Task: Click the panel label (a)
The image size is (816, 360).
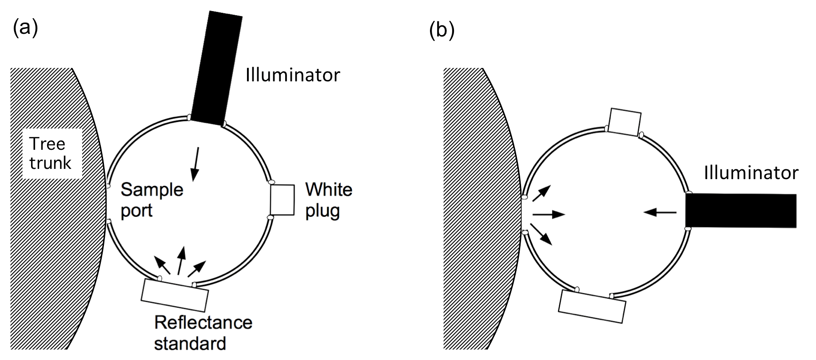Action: [25, 28]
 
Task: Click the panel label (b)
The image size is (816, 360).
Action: [442, 31]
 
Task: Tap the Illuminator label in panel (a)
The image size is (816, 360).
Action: [293, 75]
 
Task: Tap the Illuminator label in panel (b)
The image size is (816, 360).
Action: [751, 172]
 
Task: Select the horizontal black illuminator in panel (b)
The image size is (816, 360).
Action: [740, 210]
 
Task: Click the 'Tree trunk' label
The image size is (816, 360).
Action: [50, 153]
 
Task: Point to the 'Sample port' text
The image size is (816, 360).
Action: [151, 200]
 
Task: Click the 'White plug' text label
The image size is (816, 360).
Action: [329, 200]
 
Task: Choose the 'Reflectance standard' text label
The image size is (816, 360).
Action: [203, 332]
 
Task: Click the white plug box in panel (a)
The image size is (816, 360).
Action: [282, 200]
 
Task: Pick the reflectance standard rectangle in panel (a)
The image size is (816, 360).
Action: [175, 294]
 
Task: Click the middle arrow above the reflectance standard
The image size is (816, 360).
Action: [180, 260]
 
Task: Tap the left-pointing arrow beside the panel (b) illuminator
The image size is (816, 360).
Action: [660, 212]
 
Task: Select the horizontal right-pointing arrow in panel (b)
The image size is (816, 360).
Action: [549, 215]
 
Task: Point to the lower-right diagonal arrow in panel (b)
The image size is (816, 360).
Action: [541, 234]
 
